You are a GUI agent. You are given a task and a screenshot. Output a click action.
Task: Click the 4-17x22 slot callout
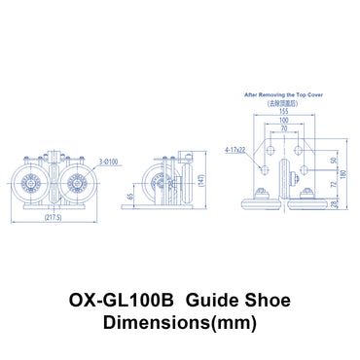234,151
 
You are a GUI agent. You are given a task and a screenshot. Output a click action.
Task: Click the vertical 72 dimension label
334,185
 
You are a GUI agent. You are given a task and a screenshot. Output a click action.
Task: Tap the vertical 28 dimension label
334,203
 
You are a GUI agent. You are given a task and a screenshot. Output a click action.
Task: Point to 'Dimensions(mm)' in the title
181,321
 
